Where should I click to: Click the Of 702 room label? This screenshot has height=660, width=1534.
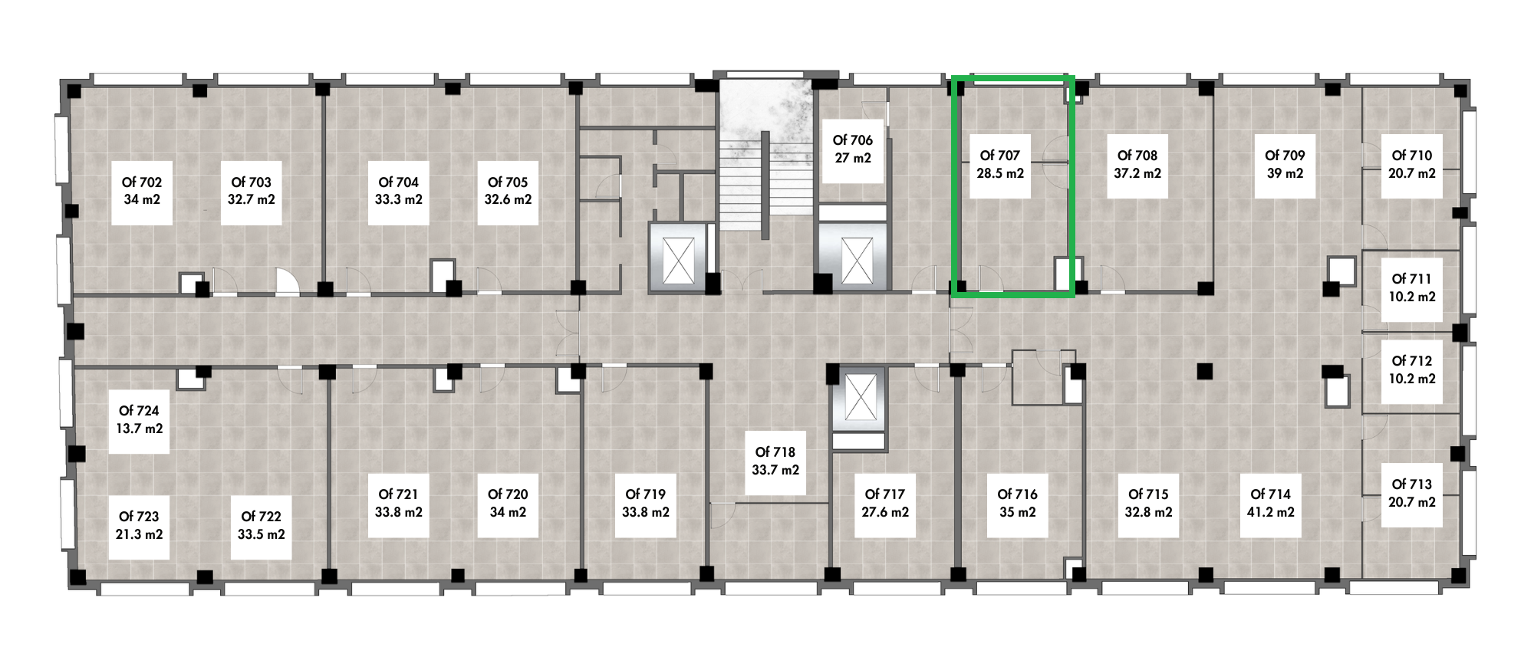point(141,182)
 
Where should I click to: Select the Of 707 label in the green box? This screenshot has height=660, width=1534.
point(1000,156)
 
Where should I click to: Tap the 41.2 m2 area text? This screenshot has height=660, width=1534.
point(1271,512)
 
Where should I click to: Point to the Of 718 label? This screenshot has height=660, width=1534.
point(775,452)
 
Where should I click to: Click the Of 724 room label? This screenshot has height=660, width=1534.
point(139,411)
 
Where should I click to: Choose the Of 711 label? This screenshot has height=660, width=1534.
point(1412,279)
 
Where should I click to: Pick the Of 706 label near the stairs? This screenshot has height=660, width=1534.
point(853,140)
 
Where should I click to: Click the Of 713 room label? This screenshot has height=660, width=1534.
point(1412,484)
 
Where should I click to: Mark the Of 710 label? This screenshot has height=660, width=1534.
point(1412,156)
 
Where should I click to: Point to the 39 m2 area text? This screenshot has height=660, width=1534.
point(1285,173)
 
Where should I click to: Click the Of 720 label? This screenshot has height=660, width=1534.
point(508,494)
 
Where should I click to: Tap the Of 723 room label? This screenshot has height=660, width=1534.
point(139,517)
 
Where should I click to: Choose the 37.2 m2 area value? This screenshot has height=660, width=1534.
point(1137,173)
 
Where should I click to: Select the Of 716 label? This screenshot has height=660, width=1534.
point(1018,494)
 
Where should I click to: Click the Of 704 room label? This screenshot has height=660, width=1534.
point(399,182)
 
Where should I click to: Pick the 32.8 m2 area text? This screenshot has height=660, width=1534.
point(1148,512)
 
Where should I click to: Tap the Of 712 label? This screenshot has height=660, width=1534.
point(1412,361)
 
